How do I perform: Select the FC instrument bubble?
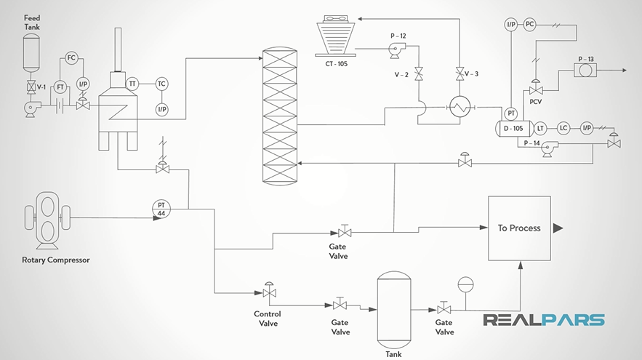pyautogui.click(x=71, y=57)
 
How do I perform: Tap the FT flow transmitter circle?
pyautogui.click(x=61, y=87)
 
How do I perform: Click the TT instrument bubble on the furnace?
pyautogui.click(x=132, y=84)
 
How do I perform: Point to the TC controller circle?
pyautogui.click(x=161, y=84)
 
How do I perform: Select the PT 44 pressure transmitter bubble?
pyautogui.click(x=161, y=208)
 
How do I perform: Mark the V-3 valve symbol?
pyautogui.click(x=459, y=73)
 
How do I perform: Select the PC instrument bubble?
pyautogui.click(x=529, y=24)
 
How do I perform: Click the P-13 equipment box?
pyautogui.click(x=585, y=71)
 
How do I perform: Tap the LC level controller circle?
pyautogui.click(x=563, y=128)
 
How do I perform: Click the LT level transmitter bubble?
pyautogui.click(x=540, y=128)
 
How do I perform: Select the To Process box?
pyautogui.click(x=519, y=228)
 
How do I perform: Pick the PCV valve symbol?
pyautogui.click(x=536, y=89)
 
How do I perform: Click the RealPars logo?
pyautogui.click(x=544, y=320)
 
